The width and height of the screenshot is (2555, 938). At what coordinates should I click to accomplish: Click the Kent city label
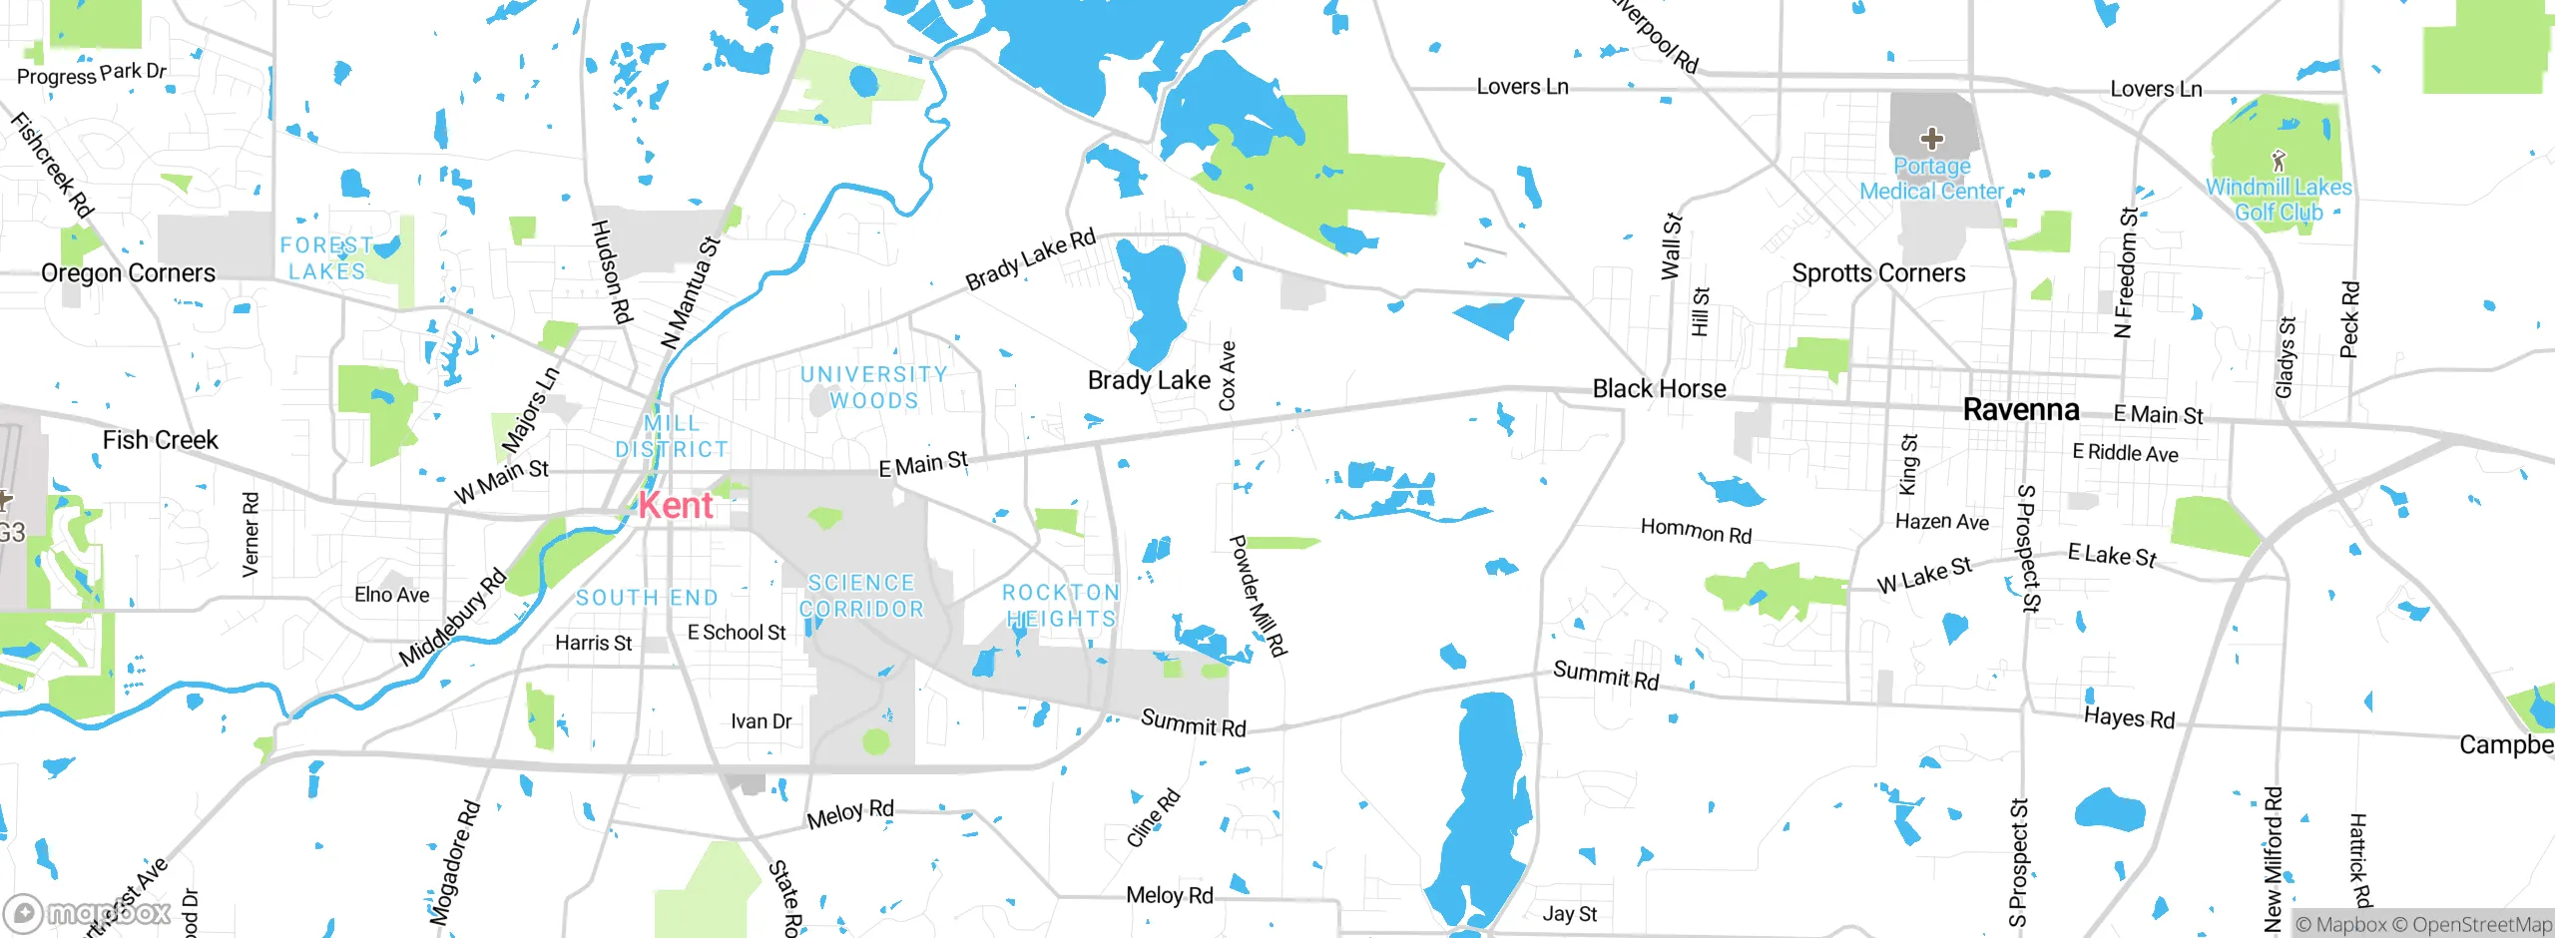coord(676,505)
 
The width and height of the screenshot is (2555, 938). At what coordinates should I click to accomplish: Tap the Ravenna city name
coord(2020,409)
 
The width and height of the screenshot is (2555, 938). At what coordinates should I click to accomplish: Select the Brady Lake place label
coord(1149,380)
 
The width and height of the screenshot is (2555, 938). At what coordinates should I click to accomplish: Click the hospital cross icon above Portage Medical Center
coord(1931,138)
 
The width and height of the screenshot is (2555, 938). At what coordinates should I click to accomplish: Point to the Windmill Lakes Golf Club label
coord(2278,200)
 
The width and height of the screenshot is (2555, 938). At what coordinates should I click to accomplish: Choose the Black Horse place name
coord(1659,388)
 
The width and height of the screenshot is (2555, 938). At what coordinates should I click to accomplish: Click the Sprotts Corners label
coord(1878,273)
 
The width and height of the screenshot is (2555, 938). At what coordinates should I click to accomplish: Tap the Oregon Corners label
coord(128,273)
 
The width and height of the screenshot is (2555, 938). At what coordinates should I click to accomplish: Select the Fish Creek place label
coord(160,440)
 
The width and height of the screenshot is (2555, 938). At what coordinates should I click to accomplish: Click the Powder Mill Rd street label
coord(1258,596)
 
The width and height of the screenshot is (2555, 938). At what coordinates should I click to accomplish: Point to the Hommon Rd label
coord(1696,531)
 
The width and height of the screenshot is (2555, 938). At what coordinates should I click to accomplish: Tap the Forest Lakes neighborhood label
coord(326,258)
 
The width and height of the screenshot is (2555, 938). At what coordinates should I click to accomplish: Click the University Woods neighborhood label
coord(874,387)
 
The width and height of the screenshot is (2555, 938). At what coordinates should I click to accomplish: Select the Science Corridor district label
coord(861,596)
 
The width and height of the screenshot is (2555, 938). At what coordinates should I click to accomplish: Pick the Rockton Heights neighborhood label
coord(1060,606)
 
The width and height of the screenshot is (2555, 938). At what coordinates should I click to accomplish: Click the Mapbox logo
coord(88,912)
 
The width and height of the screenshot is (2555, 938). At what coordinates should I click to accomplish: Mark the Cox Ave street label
coord(1228,375)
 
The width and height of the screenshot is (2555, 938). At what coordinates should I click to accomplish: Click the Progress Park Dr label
coord(91,74)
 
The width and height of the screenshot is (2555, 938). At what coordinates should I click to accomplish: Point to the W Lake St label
coord(1923,575)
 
